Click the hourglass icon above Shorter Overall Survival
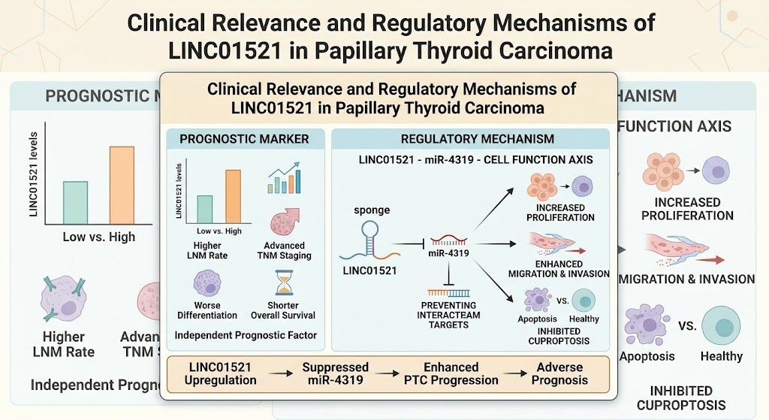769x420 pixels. point(283,283)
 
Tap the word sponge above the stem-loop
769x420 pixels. point(372,210)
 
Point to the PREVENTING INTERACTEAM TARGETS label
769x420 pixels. point(448,315)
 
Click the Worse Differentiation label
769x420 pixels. point(207,310)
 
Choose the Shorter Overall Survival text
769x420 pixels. point(283,310)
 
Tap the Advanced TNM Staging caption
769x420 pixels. point(285,250)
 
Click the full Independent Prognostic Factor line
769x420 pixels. point(246,336)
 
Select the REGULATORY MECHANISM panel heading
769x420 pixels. point(477,139)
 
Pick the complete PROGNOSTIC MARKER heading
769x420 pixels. point(244,139)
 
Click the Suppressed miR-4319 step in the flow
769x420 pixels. point(336,373)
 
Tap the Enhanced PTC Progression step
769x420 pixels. point(451,373)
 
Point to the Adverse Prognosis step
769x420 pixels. point(559,373)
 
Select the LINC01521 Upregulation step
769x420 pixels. point(220,373)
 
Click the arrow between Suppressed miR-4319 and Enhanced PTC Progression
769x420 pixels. point(387,374)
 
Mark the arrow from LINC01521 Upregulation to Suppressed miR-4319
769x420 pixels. point(280,374)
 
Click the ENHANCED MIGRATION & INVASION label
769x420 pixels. point(559,269)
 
